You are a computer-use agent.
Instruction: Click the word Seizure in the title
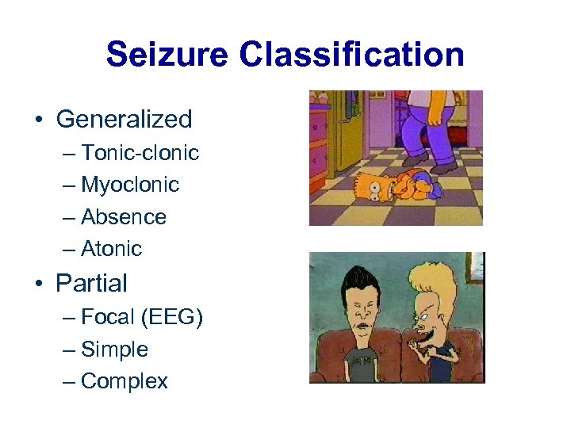coord(166,55)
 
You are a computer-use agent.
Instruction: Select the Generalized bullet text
coord(124,120)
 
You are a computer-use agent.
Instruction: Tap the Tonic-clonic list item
coord(140,152)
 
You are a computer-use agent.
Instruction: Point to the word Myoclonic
coord(130,185)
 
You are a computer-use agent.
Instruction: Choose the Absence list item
coord(124,216)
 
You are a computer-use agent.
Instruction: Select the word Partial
coord(91,283)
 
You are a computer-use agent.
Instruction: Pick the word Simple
coord(114,350)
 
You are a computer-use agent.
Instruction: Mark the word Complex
coord(125,381)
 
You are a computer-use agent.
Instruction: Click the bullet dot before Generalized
coord(38,120)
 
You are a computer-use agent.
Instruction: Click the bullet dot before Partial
coord(38,284)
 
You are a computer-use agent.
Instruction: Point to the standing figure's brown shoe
coord(443,167)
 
